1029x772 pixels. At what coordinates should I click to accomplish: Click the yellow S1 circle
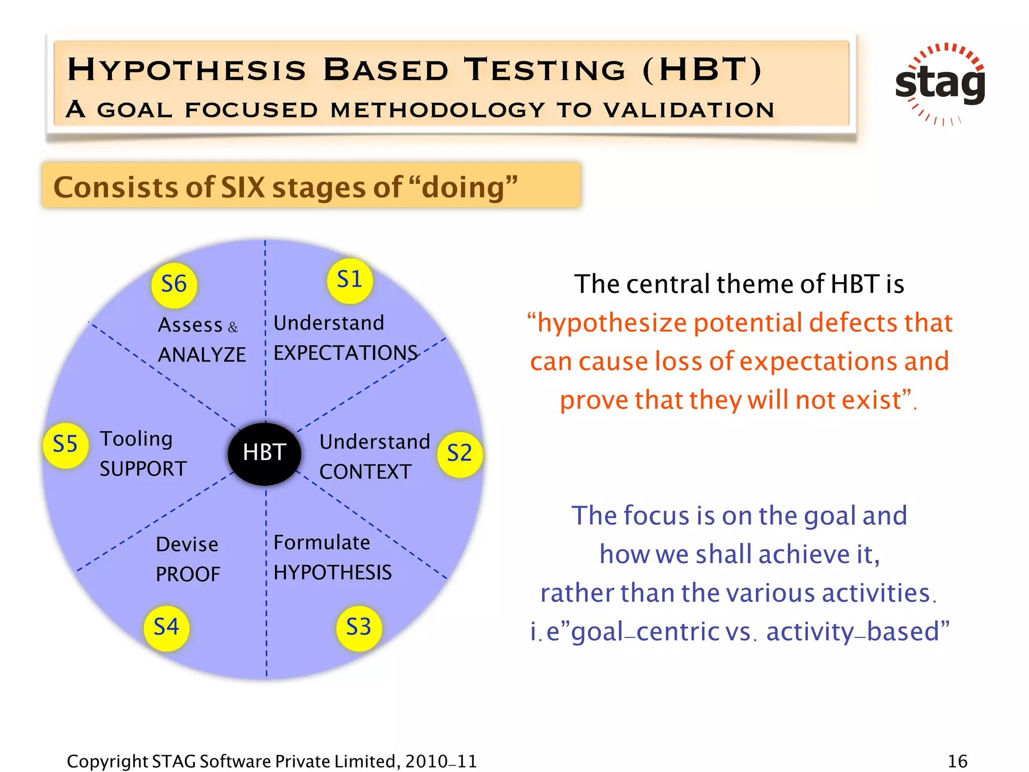350,280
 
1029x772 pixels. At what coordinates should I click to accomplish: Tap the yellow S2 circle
460,454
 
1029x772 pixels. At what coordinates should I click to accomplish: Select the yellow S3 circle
359,628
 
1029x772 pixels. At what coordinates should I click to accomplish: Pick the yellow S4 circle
166,628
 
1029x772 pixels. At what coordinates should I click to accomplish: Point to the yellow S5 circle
65,445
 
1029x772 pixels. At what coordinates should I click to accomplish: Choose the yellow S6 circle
174,285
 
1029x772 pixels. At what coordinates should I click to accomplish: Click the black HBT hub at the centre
264,453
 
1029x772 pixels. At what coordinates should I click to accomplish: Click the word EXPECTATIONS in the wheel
345,353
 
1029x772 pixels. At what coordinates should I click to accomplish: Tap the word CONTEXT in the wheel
365,472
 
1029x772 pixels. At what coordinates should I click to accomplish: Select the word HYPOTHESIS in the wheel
332,573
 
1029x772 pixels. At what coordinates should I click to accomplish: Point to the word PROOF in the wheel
188,574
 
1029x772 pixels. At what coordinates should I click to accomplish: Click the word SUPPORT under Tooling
143,469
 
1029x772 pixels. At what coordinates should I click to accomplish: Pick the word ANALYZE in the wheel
202,355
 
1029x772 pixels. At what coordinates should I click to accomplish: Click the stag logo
940,83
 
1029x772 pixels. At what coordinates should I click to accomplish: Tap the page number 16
957,761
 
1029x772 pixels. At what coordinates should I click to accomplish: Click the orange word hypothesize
611,323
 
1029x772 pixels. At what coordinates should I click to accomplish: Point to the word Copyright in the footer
107,761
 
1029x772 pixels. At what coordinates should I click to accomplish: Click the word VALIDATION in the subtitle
689,110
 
